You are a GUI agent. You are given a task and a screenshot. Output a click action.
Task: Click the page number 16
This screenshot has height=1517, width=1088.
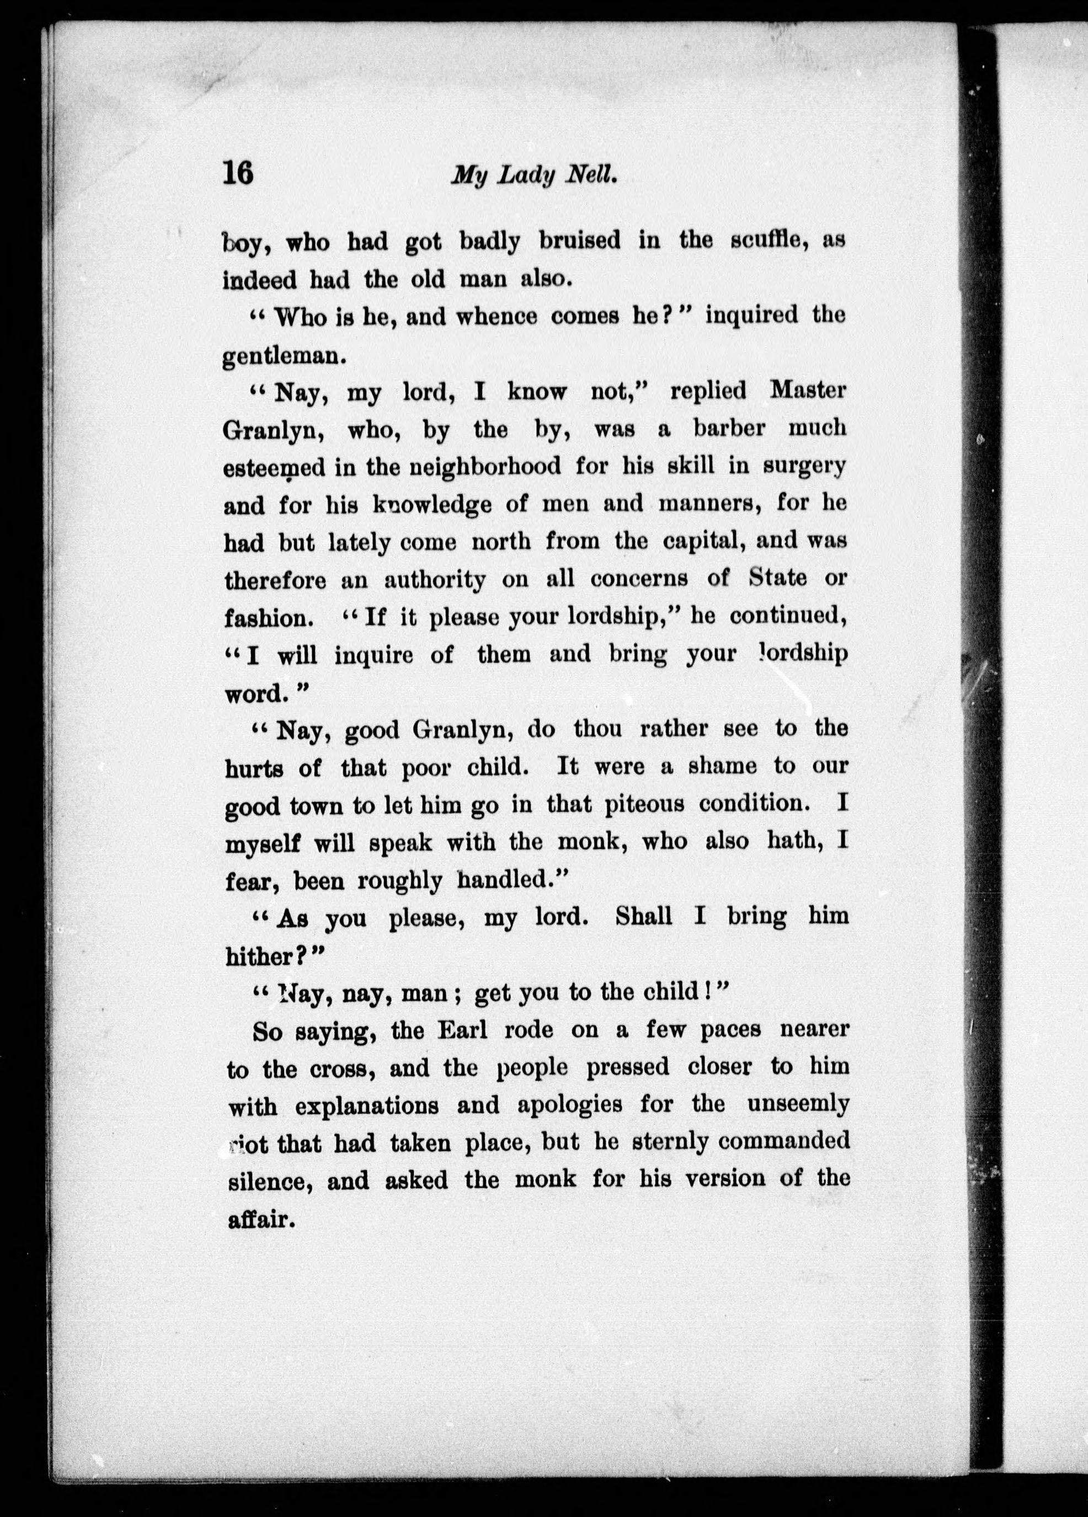click(x=239, y=175)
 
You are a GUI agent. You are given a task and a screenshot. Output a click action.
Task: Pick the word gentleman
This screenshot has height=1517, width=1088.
click(x=283, y=356)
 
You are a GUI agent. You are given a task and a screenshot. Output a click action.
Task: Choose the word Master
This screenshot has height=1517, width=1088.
click(x=808, y=391)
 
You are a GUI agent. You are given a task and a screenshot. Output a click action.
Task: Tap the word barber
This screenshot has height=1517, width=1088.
click(x=729, y=429)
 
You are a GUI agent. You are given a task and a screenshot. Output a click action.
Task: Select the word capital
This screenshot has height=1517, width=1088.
click(x=704, y=541)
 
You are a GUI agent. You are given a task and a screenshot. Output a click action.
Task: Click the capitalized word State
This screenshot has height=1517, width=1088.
click(x=777, y=578)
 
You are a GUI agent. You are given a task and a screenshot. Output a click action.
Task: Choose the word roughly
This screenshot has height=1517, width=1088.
click(x=399, y=882)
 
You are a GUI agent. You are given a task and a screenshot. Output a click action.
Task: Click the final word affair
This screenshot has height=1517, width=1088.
click(x=260, y=1219)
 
